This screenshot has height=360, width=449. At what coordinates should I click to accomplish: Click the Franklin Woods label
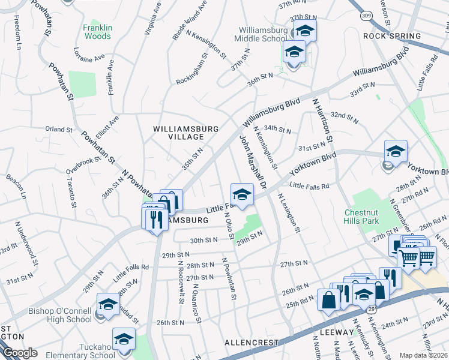click(97, 32)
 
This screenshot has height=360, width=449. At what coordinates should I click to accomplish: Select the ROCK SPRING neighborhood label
click(392, 36)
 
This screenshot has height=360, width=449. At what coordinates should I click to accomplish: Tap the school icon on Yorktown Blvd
click(396, 153)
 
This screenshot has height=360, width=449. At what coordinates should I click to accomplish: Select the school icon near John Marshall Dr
click(242, 195)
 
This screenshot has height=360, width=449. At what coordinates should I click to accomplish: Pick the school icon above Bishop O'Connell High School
click(108, 305)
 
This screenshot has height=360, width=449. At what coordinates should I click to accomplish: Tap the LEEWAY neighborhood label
click(337, 332)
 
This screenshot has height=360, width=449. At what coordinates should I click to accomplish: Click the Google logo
click(20, 353)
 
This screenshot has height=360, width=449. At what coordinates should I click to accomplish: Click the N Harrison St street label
click(322, 121)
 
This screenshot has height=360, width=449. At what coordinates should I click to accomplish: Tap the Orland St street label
click(59, 129)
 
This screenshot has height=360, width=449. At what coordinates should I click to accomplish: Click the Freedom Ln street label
click(17, 35)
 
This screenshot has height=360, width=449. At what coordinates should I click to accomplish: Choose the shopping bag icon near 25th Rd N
click(330, 300)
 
